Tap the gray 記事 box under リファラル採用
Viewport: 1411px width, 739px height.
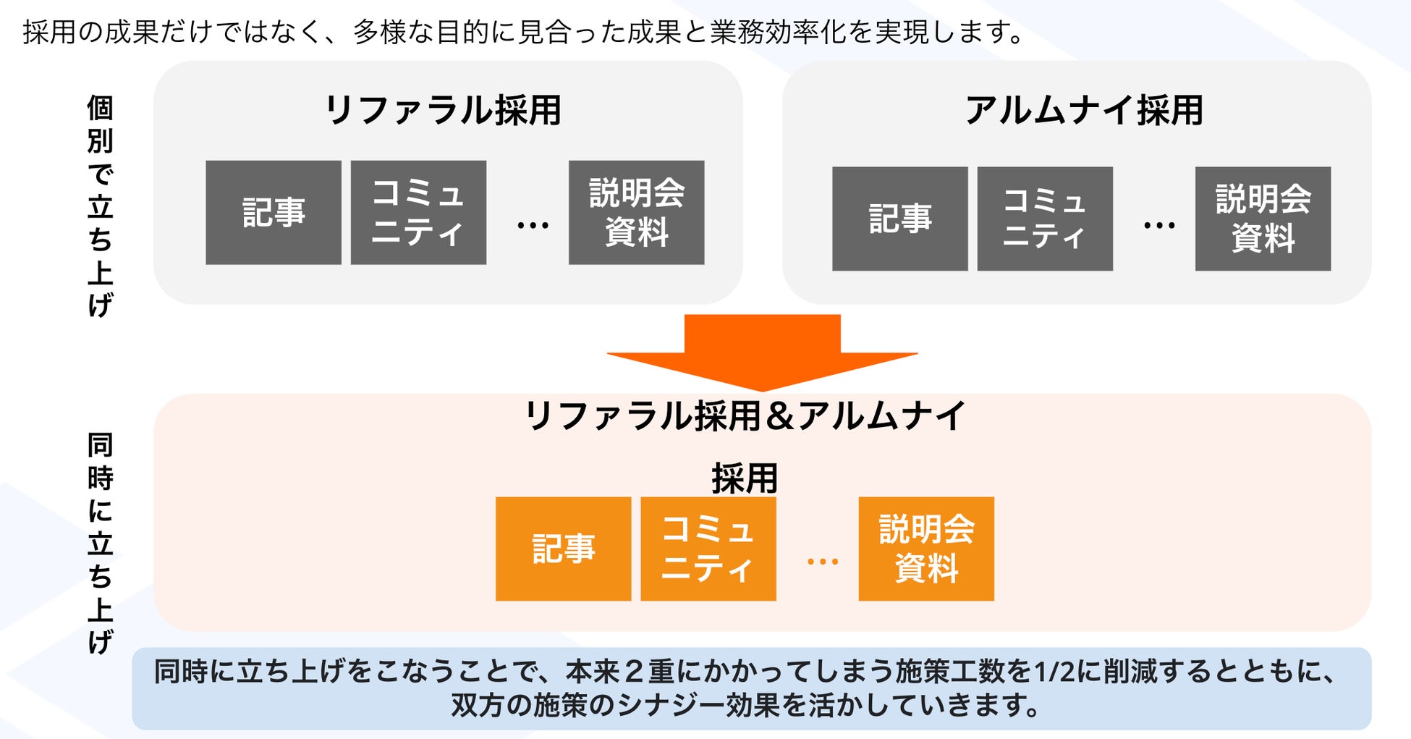point(274,212)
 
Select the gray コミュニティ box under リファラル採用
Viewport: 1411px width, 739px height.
point(418,212)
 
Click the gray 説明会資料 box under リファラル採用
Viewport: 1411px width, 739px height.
point(636,212)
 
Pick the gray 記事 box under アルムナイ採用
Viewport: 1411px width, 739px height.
point(899,219)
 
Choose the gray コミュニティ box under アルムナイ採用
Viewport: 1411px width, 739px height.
point(1045,219)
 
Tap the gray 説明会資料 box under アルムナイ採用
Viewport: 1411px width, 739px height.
point(1263,219)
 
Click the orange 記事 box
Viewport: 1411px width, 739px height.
point(563,549)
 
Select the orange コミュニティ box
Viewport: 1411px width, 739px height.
point(708,549)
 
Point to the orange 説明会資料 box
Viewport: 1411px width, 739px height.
point(926,549)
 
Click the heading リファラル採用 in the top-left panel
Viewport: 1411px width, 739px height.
point(443,111)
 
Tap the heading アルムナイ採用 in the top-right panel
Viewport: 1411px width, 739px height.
point(1083,111)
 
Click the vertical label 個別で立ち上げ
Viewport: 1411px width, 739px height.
point(101,206)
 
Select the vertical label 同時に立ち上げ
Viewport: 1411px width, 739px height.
point(101,543)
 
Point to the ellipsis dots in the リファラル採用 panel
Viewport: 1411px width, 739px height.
point(533,226)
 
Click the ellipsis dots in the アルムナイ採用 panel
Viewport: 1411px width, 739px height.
point(1159,226)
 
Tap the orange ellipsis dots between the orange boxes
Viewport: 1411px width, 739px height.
point(823,561)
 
